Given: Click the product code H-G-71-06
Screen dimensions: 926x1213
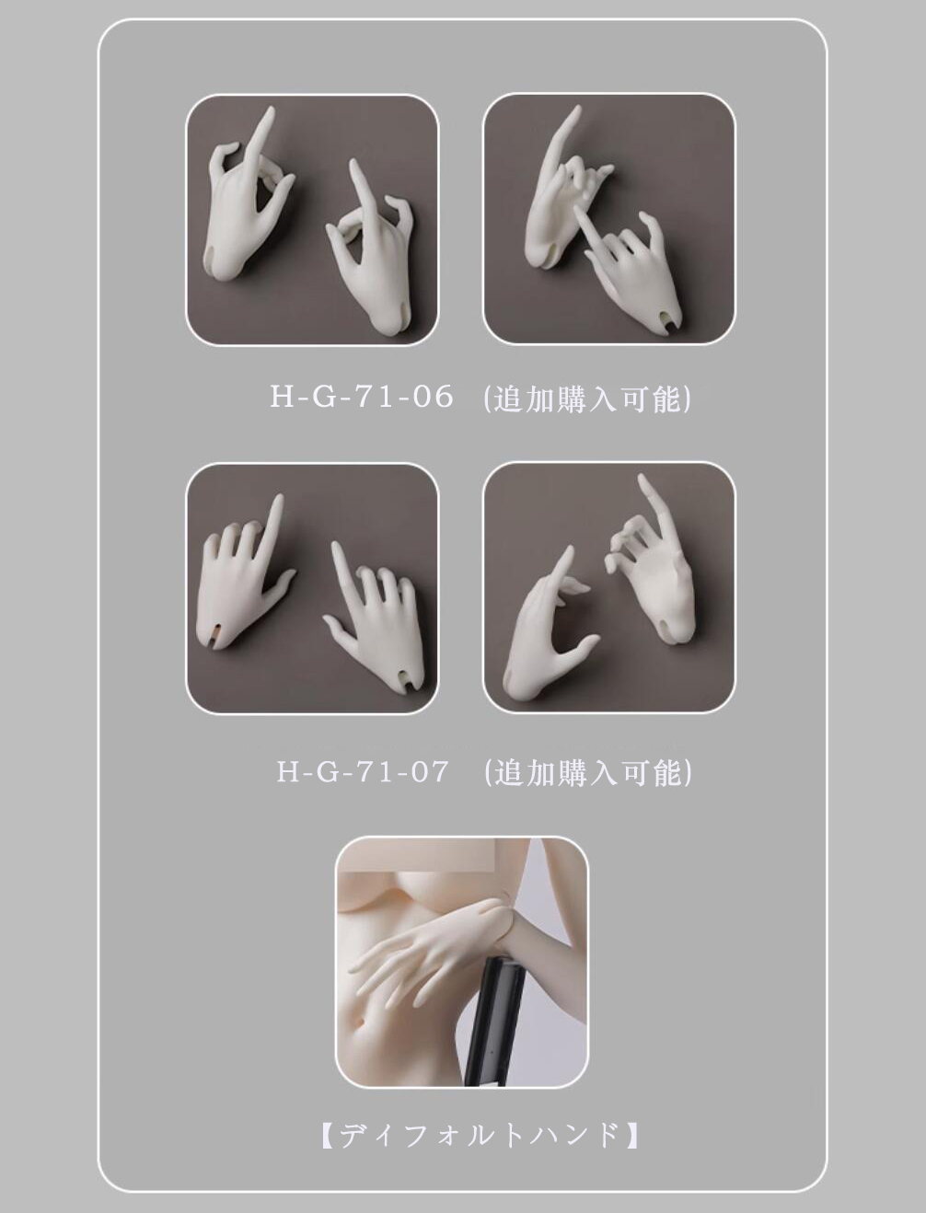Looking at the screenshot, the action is (x=362, y=397).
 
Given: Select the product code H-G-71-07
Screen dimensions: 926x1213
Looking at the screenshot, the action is (x=362, y=771).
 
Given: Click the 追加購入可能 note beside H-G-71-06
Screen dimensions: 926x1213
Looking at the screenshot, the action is (x=587, y=398).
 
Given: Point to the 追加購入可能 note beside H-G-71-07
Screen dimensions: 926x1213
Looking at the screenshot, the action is (x=588, y=772).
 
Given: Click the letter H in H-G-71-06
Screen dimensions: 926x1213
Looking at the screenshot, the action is (x=280, y=397).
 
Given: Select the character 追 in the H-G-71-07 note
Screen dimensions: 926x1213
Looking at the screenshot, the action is (x=508, y=772).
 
